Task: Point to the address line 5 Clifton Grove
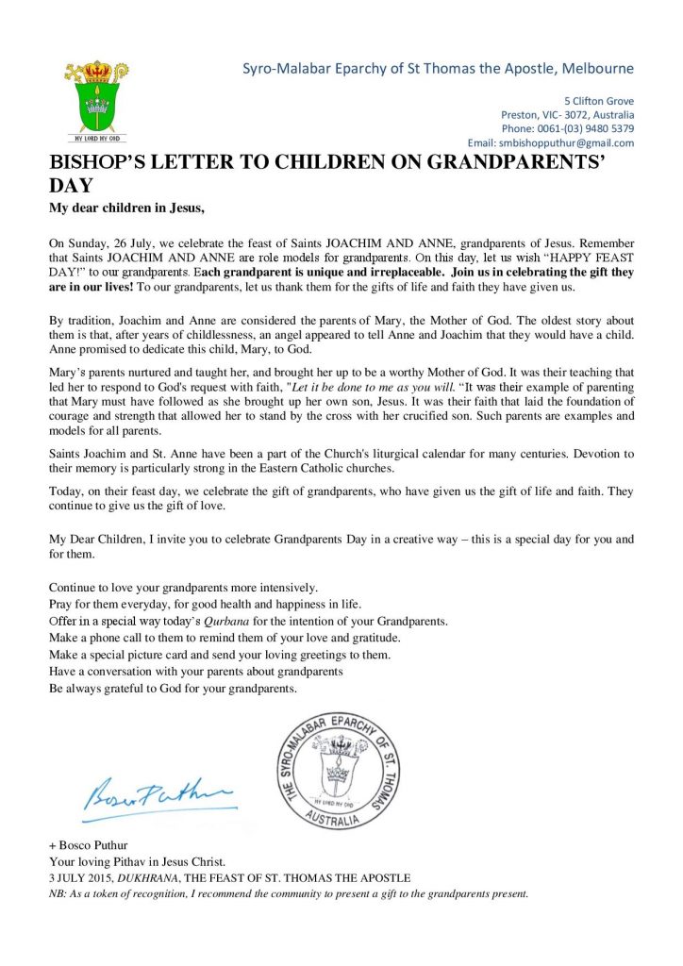coord(599,101)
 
